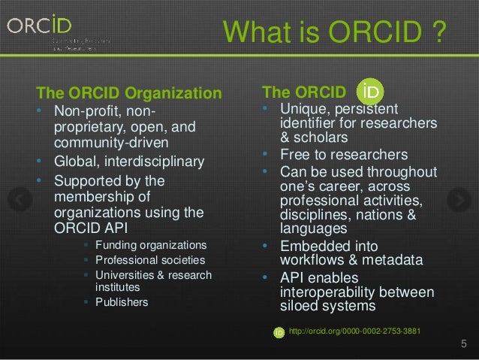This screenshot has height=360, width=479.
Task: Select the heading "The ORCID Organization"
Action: click(130, 94)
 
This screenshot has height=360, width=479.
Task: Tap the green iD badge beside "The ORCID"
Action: click(369, 91)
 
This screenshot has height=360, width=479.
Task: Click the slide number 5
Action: click(463, 345)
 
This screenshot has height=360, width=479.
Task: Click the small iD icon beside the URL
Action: click(279, 331)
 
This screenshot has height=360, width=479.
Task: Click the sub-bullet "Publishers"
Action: click(121, 303)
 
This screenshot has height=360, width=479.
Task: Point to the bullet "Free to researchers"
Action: click(345, 156)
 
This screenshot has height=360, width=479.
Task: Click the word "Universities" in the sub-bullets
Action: click(124, 274)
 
